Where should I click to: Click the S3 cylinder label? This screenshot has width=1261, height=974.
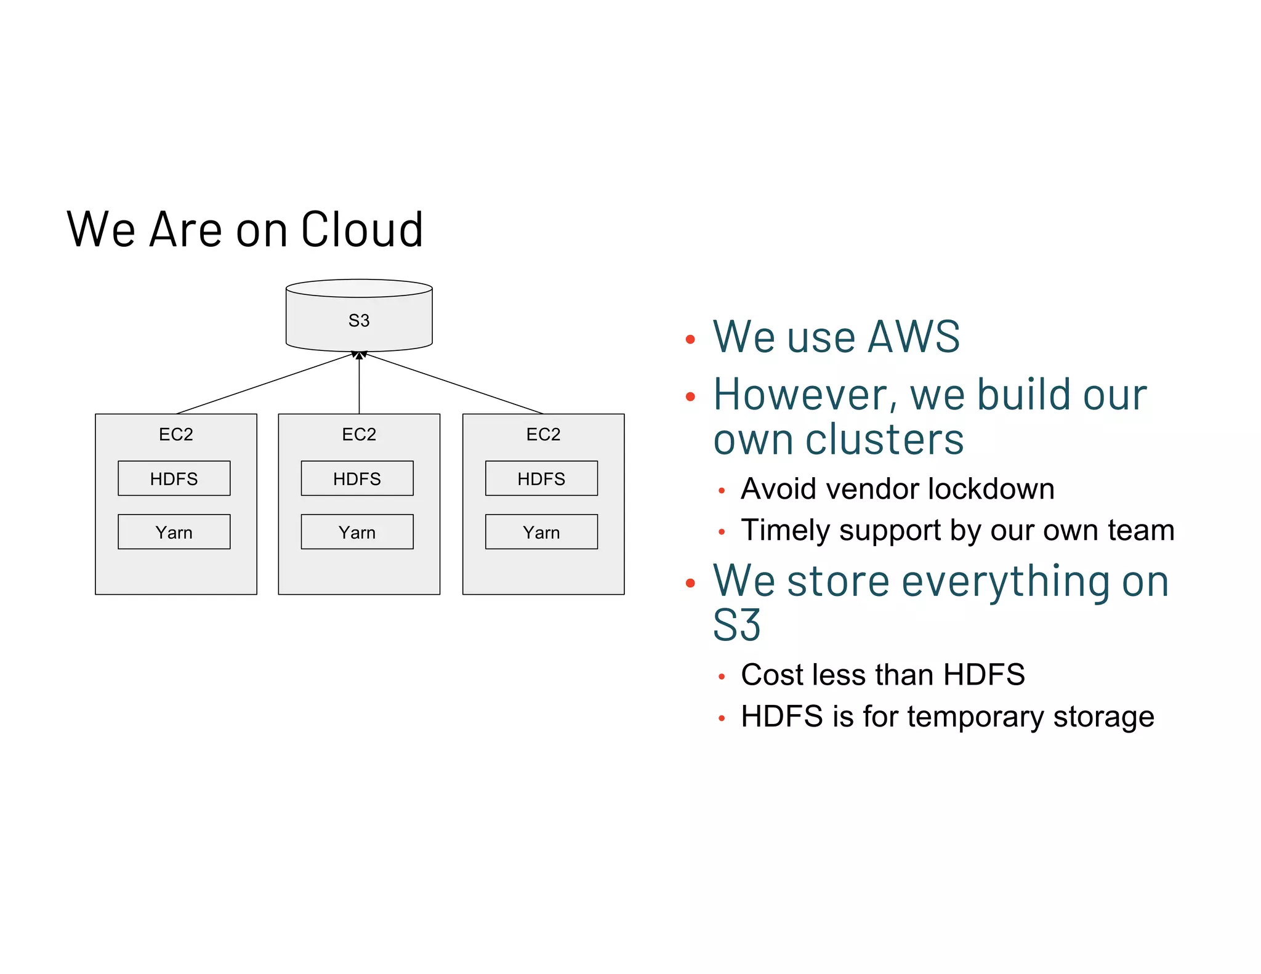(x=359, y=321)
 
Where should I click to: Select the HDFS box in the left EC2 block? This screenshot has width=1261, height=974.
(x=174, y=478)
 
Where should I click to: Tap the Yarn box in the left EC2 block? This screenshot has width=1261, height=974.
(x=174, y=532)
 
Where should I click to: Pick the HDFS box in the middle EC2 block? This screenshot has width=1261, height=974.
(x=357, y=478)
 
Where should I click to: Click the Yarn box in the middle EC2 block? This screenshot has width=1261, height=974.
(x=357, y=532)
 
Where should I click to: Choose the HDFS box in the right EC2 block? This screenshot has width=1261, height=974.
(x=541, y=478)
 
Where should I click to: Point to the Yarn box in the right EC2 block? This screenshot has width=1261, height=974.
(x=541, y=532)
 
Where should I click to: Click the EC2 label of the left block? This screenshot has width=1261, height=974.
(x=176, y=435)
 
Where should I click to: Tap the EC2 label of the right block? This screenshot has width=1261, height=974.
(x=543, y=435)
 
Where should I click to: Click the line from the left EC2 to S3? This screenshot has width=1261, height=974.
(x=265, y=384)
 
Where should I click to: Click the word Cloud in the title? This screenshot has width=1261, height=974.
(x=362, y=230)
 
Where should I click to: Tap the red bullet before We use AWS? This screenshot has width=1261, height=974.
(x=690, y=339)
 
